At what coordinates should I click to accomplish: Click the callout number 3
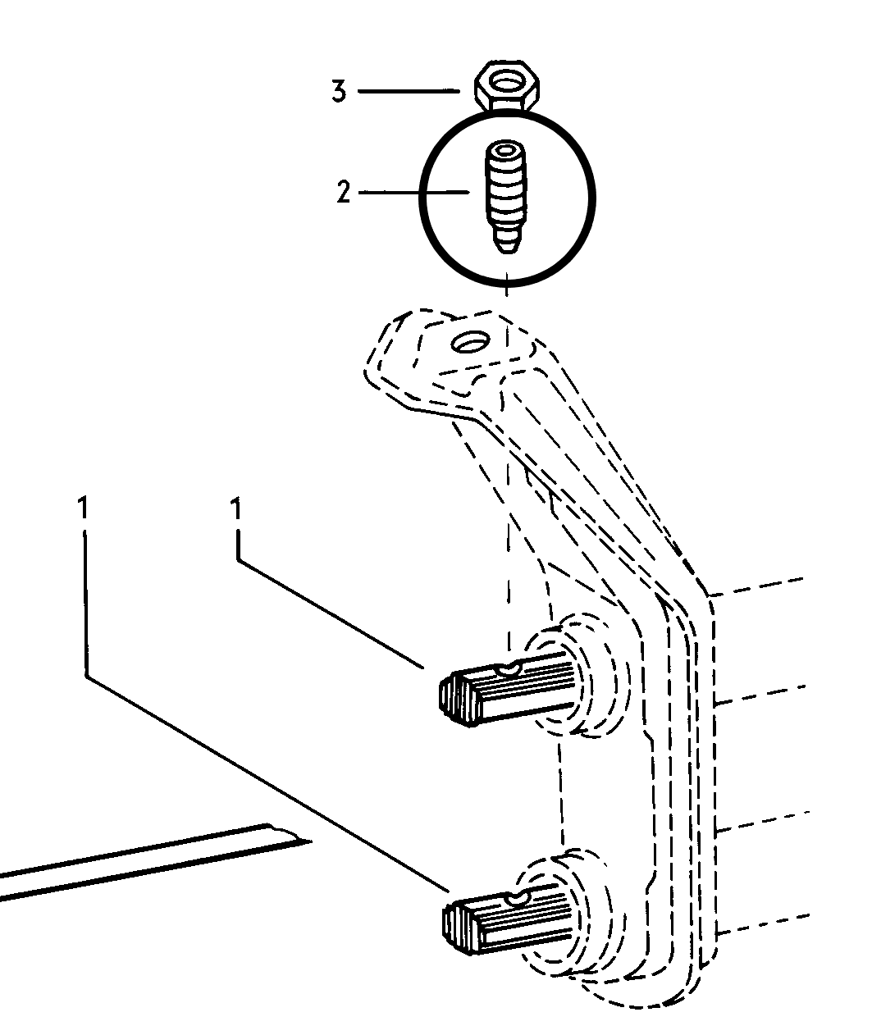pos(339,92)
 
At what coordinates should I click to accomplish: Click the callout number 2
pos(343,192)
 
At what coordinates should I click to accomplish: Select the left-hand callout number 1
pos(84,508)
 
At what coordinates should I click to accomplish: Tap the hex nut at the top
pos(507,88)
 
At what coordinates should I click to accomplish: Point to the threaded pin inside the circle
pos(506,197)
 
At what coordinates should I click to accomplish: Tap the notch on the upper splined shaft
pos(509,668)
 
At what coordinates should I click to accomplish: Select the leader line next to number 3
pos(409,91)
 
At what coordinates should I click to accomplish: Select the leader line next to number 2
pos(414,192)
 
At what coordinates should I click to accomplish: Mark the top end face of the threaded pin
pos(506,149)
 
